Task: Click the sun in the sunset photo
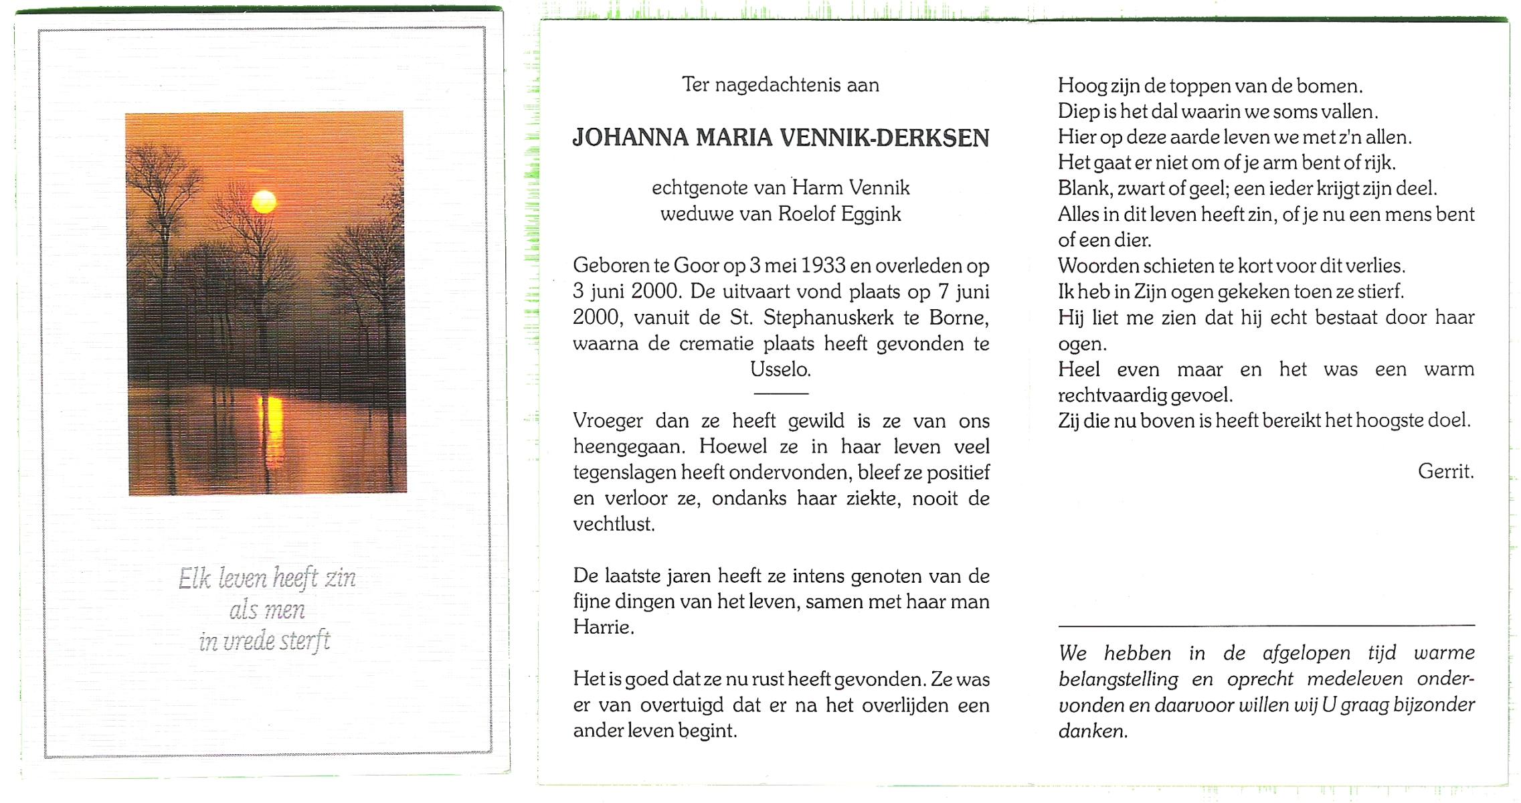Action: (264, 201)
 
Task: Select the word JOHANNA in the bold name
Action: (630, 138)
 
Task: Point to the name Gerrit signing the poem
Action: (1445, 472)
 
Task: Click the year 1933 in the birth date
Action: (823, 266)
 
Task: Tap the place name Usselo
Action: (780, 369)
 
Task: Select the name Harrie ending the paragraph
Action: (602, 628)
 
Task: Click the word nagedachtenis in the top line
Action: (778, 85)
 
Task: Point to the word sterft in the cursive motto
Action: (304, 642)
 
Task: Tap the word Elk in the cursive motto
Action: (195, 578)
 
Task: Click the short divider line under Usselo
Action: (781, 393)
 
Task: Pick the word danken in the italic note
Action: (1092, 731)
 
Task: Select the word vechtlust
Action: (613, 524)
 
